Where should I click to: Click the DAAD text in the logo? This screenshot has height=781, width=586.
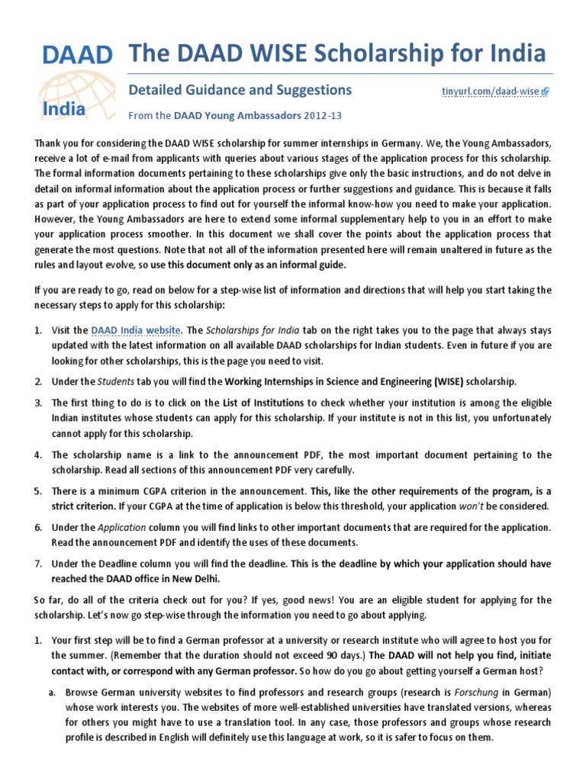76,56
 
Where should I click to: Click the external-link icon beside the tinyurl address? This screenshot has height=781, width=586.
545,92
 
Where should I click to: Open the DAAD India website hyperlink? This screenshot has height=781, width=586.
136,330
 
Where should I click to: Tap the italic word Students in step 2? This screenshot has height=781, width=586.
114,381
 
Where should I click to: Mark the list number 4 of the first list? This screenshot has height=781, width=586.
37,455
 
